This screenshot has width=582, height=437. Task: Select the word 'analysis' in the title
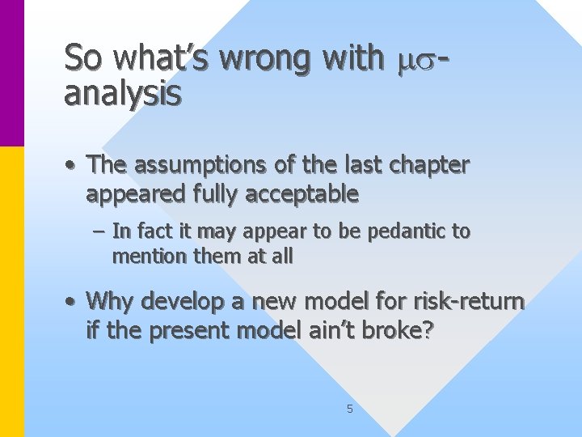tap(123, 94)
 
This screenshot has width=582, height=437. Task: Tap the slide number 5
tap(349, 409)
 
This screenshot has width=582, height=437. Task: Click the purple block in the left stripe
tap(12, 73)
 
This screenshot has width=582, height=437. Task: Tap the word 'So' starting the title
tap(85, 58)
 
